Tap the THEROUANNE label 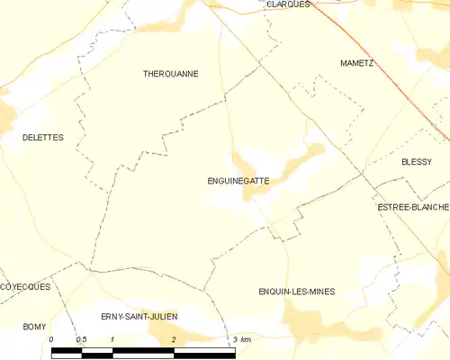click(171, 74)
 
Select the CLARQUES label click(288, 4)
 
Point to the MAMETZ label click(357, 63)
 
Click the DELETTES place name click(43, 138)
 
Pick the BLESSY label click(418, 163)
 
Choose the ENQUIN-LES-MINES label click(296, 291)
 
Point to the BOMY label click(34, 327)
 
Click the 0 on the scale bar click(52, 339)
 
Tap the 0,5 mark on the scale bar click(81, 339)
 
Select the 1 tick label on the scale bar click(112, 339)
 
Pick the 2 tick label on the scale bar click(173, 339)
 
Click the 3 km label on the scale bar click(241, 339)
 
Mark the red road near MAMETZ click(396, 81)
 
